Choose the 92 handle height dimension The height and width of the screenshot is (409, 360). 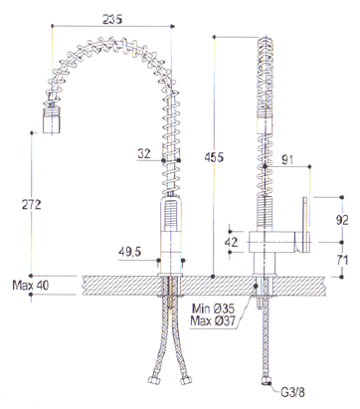342,219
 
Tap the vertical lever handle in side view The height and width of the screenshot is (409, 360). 302,225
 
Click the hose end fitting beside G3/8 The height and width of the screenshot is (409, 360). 264,385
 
